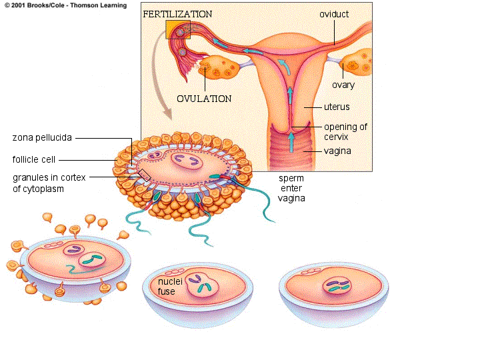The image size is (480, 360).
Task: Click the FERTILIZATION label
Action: click(x=177, y=14)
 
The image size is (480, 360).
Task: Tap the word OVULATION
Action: click(x=204, y=99)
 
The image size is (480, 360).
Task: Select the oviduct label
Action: click(x=334, y=14)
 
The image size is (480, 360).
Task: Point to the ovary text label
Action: click(x=343, y=85)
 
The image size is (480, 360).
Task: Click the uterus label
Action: click(x=337, y=107)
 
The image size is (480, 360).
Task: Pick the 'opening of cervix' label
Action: click(x=345, y=131)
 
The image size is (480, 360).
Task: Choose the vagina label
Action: click(x=337, y=151)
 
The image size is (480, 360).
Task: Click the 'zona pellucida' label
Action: click(x=42, y=138)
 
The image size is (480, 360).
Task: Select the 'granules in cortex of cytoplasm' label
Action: click(x=46, y=183)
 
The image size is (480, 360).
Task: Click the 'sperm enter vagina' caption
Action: click(x=291, y=188)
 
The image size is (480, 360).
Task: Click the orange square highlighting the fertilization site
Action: click(x=178, y=29)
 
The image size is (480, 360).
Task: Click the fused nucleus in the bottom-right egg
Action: click(x=338, y=285)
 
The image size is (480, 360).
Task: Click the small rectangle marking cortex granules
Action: click(x=145, y=175)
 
